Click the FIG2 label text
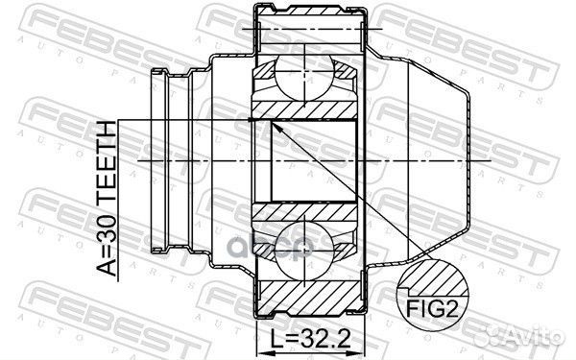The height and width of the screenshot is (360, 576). pos(432,309)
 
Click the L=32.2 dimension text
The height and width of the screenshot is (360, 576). pos(310,338)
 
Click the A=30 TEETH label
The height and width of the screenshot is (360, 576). pos(107,199)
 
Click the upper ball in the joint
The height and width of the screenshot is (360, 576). pos(304,78)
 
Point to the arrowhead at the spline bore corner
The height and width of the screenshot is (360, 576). pos(276,128)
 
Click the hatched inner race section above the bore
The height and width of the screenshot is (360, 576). pos(304,110)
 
